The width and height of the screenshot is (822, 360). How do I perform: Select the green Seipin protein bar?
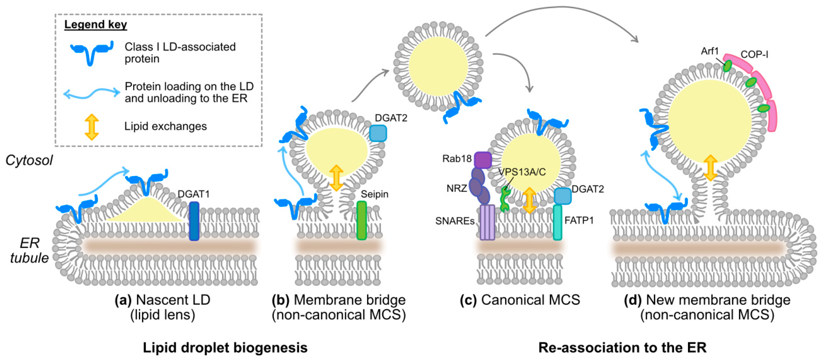pos(361,220)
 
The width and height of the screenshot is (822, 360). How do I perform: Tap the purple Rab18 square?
pos(483,160)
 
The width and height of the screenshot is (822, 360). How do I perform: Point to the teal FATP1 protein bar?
pos(557,222)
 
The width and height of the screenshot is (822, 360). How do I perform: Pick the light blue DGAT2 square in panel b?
pos(378,133)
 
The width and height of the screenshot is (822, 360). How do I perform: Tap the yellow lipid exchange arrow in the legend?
pos(92,127)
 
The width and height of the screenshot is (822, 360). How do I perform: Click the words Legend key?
pos(95,25)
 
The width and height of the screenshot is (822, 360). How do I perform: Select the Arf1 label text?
pos(709,51)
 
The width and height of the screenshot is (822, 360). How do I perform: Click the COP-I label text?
pos(754,55)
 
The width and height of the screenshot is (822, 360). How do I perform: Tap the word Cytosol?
pos(29,160)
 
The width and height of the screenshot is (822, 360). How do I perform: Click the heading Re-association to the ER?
pos(622,347)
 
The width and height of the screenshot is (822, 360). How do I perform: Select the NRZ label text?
pos(456,188)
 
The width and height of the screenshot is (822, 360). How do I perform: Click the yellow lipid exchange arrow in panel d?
pos(710,168)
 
